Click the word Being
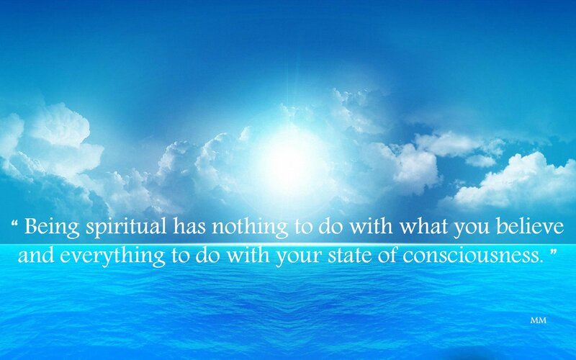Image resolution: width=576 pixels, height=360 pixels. pyautogui.click(x=52, y=228)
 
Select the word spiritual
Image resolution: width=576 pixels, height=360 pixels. pyautogui.click(x=126, y=228)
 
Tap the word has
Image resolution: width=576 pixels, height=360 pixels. pyautogui.click(x=189, y=226)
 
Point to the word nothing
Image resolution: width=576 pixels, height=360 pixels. pyautogui.click(x=250, y=228)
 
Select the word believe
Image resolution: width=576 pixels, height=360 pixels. pyautogui.click(x=530, y=226)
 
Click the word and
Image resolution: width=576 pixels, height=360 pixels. pyautogui.click(x=35, y=255)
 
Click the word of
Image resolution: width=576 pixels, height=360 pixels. pyautogui.click(x=388, y=255)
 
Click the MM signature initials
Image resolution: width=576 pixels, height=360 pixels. pyautogui.click(x=538, y=320)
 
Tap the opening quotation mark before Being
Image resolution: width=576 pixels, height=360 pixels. pyautogui.click(x=15, y=222)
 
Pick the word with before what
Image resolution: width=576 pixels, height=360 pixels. pyautogui.click(x=370, y=226)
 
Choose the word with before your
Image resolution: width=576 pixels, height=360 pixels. pyautogui.click(x=248, y=255)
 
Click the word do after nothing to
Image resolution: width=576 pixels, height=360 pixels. pyautogui.click(x=330, y=226)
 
